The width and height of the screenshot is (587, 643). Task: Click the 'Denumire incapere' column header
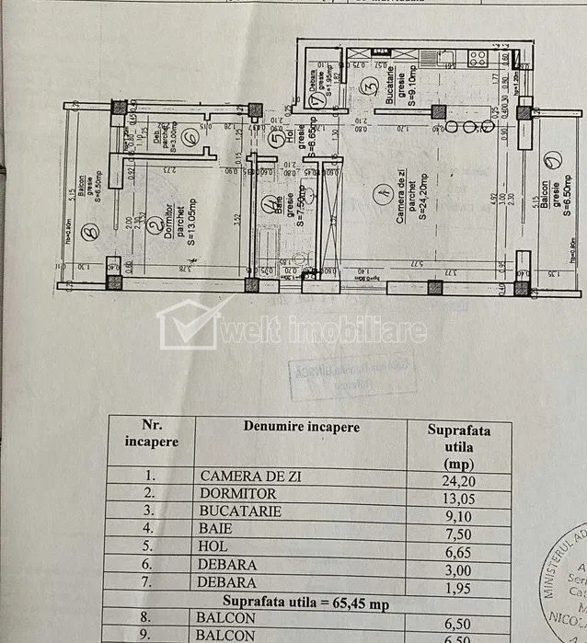pos(302,427)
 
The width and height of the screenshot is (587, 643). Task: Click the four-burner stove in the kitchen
pos(478,58)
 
